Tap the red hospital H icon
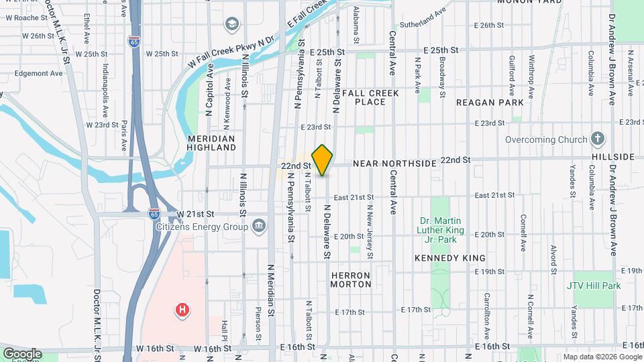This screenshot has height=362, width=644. click(x=181, y=310)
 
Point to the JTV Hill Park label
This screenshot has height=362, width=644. click(x=594, y=286)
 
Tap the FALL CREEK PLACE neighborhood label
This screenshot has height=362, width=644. click(x=370, y=97)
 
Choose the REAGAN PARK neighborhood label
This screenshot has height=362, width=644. click(x=484, y=103)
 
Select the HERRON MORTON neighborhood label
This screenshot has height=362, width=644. click(x=351, y=280)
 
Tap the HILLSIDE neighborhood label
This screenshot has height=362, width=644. click(x=613, y=157)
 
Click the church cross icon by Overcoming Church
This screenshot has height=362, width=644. click(x=598, y=139)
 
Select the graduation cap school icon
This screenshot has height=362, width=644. click(x=232, y=25)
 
